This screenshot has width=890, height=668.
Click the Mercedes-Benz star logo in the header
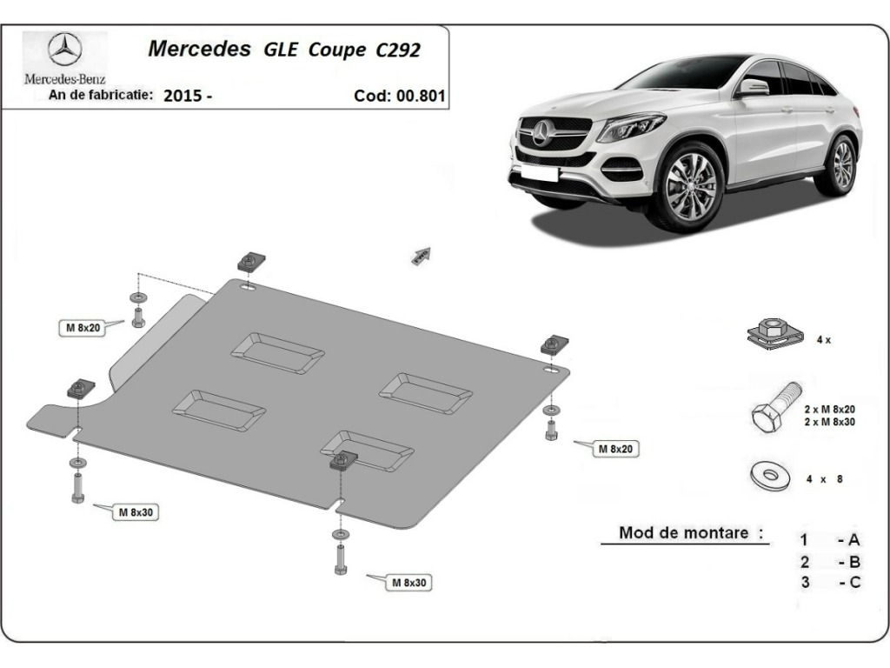click(64, 49)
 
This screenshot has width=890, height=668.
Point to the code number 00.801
click(421, 96)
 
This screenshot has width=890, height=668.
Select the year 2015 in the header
click(183, 96)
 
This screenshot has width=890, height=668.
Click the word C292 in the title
click(398, 50)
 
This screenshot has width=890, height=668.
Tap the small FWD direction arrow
click(421, 257)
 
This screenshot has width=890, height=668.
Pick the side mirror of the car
click(753, 88)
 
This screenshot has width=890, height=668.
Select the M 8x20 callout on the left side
click(83, 328)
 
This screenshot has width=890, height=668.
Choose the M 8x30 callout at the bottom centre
click(408, 583)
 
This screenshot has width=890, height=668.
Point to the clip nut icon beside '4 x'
click(775, 335)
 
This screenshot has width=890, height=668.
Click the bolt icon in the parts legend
click(776, 407)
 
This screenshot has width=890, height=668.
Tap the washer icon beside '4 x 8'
click(770, 475)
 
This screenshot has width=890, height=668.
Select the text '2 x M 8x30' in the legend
click(829, 422)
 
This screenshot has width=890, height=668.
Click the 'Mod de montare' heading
click(684, 533)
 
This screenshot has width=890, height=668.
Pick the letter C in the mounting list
click(854, 582)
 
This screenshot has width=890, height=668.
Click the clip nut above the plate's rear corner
click(251, 261)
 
